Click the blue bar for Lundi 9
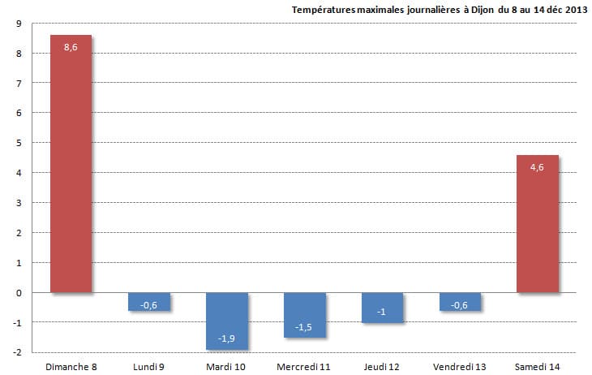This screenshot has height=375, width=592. [x=148, y=301]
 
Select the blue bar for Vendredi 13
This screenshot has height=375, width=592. [x=460, y=301]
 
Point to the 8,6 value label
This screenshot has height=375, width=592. [x=71, y=47]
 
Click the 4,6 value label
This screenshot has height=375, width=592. [x=537, y=167]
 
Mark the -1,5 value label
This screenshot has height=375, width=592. [x=304, y=327]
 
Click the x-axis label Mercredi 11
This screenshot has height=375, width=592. [x=304, y=367]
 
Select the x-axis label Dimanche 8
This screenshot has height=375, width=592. [x=71, y=367]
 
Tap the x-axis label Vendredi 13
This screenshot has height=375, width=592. [x=460, y=367]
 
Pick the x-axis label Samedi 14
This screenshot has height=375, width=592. [x=537, y=367]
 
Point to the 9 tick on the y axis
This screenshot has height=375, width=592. [x=19, y=24]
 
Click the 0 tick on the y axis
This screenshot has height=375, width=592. [x=19, y=292]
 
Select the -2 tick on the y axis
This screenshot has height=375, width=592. [x=17, y=352]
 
